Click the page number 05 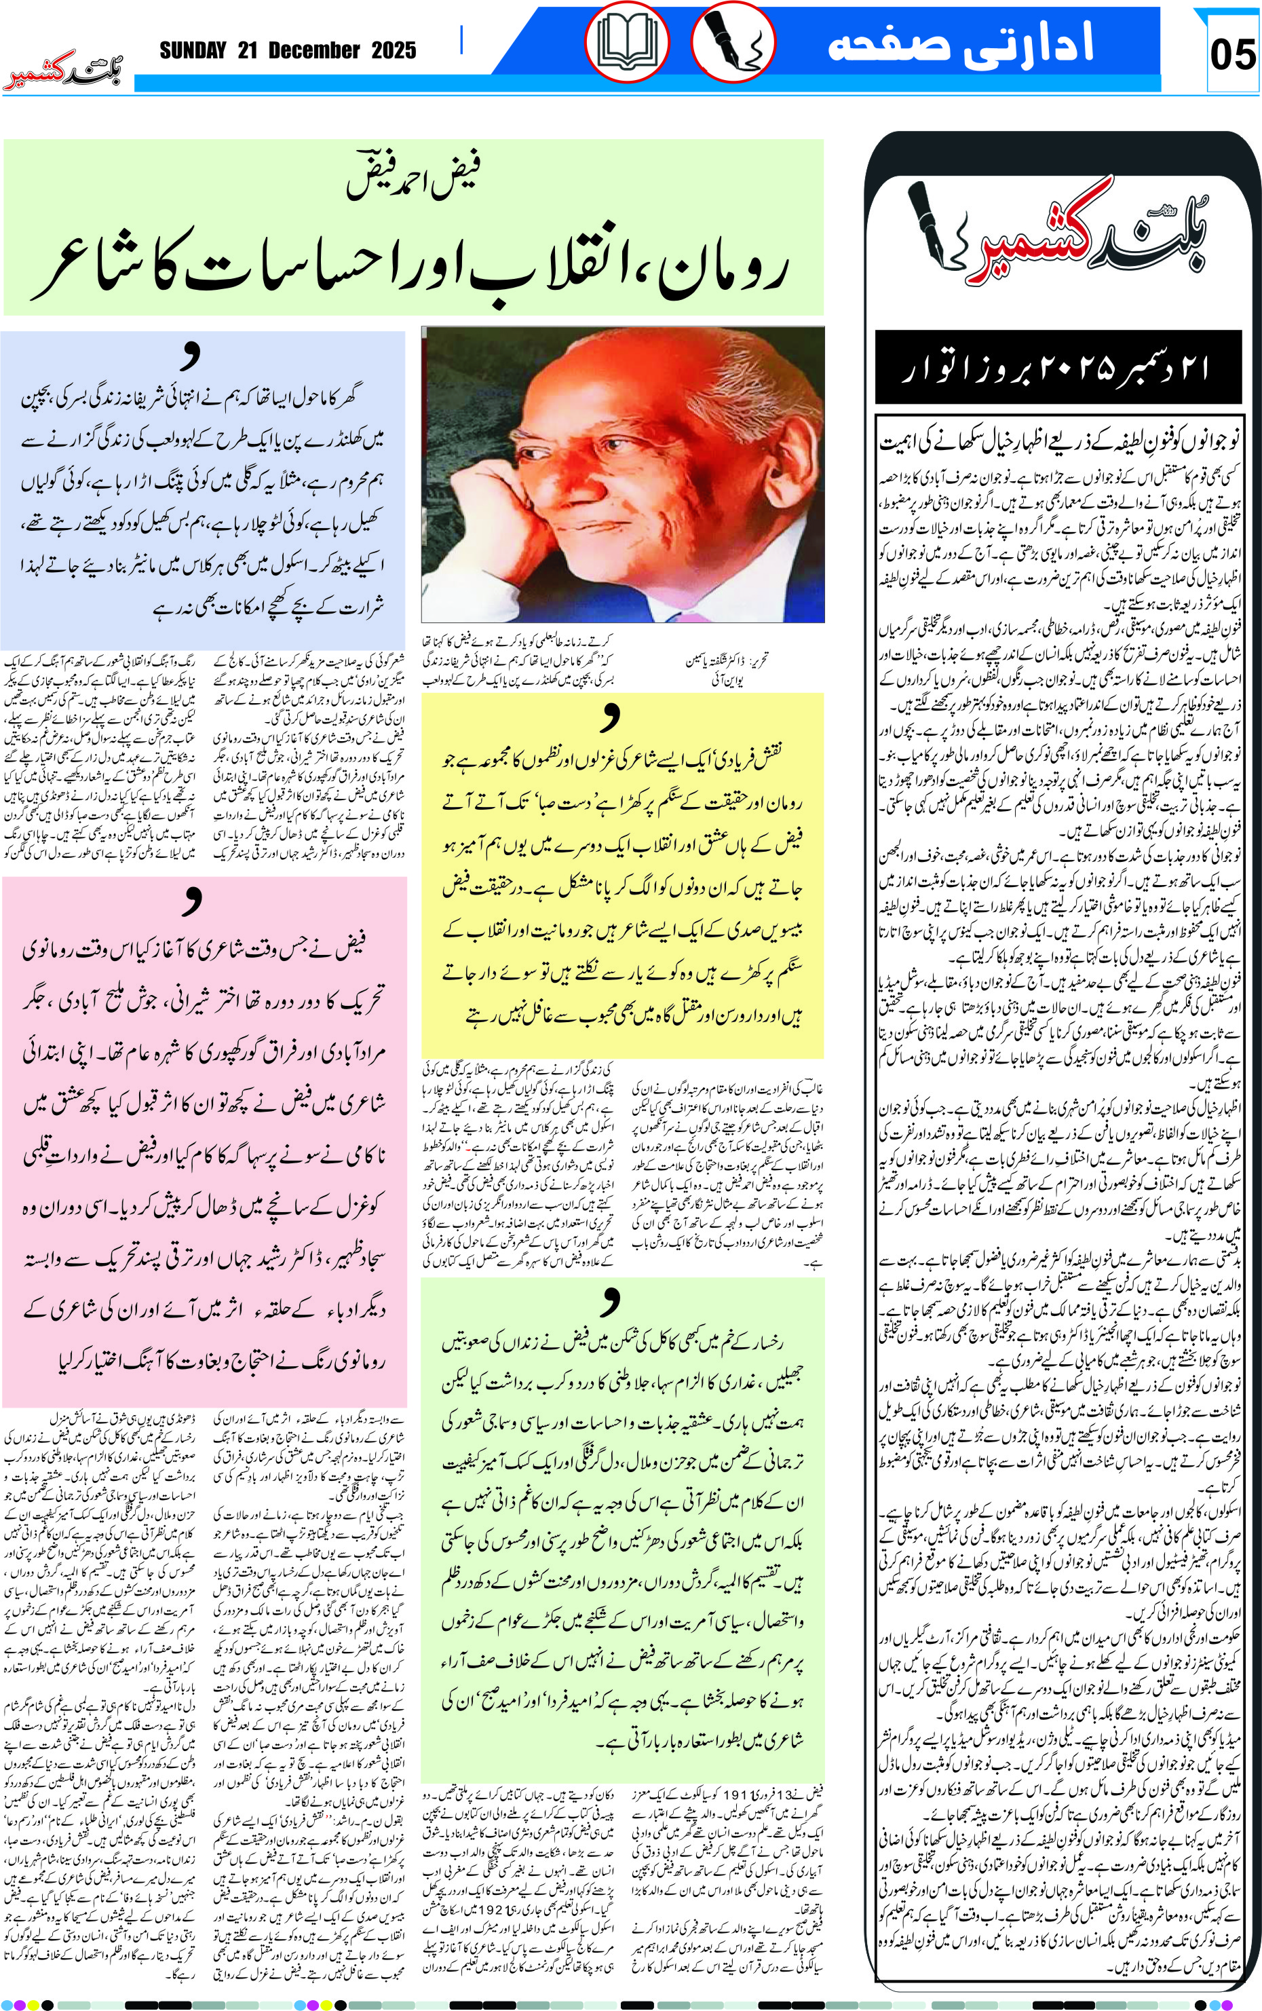(1233, 54)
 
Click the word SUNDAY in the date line (193, 51)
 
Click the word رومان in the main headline (722, 271)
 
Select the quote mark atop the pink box (193, 899)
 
